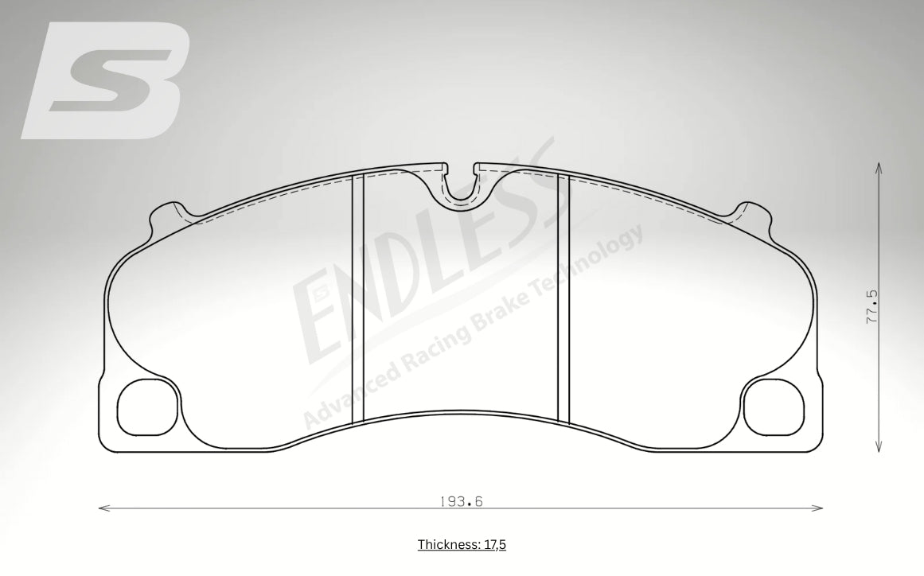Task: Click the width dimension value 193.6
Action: [462, 501]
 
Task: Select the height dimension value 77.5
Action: [872, 306]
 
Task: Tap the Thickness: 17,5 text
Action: [462, 545]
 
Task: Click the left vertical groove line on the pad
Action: [357, 298]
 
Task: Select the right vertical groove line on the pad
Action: [563, 298]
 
